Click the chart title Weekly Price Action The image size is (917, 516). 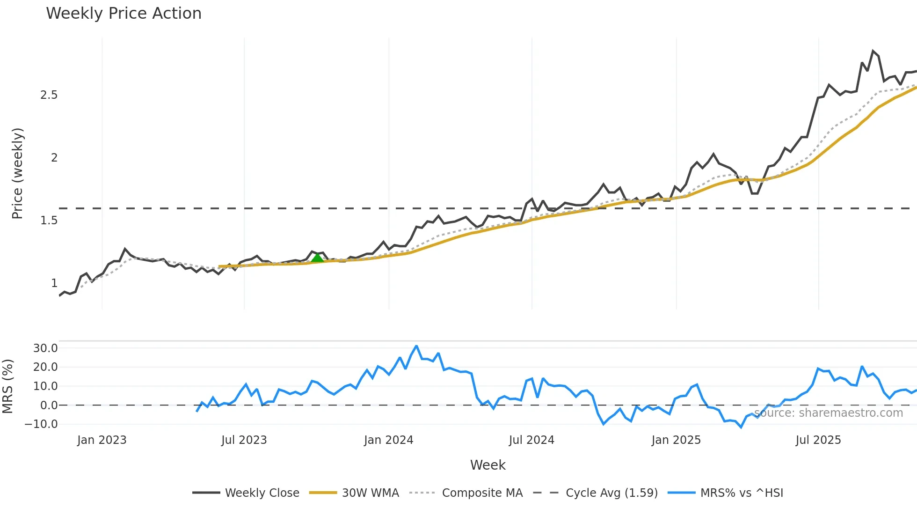(x=124, y=14)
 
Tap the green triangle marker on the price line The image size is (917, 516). (x=317, y=258)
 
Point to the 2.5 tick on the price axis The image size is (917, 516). (x=49, y=95)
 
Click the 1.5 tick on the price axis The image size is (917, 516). (x=49, y=221)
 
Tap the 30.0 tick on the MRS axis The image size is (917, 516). (x=45, y=348)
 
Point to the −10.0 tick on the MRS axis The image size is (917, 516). (x=42, y=424)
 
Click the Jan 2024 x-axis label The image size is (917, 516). (x=388, y=440)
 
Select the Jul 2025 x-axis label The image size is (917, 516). (x=818, y=440)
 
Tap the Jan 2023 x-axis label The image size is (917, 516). (x=102, y=440)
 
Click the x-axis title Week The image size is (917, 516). (x=488, y=465)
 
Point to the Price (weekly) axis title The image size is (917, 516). (x=17, y=173)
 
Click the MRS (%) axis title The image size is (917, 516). (x=8, y=386)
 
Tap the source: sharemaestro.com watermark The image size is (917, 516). (x=828, y=413)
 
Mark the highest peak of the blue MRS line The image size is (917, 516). (x=416, y=346)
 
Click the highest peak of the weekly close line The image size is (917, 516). (x=873, y=51)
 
